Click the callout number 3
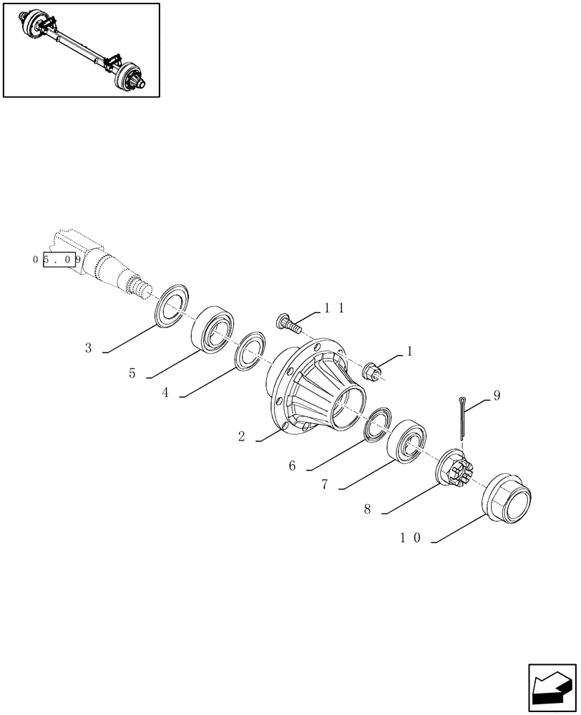(x=88, y=348)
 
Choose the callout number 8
(x=367, y=510)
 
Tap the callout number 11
(x=334, y=308)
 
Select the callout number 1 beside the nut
(x=409, y=351)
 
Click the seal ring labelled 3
(x=171, y=304)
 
